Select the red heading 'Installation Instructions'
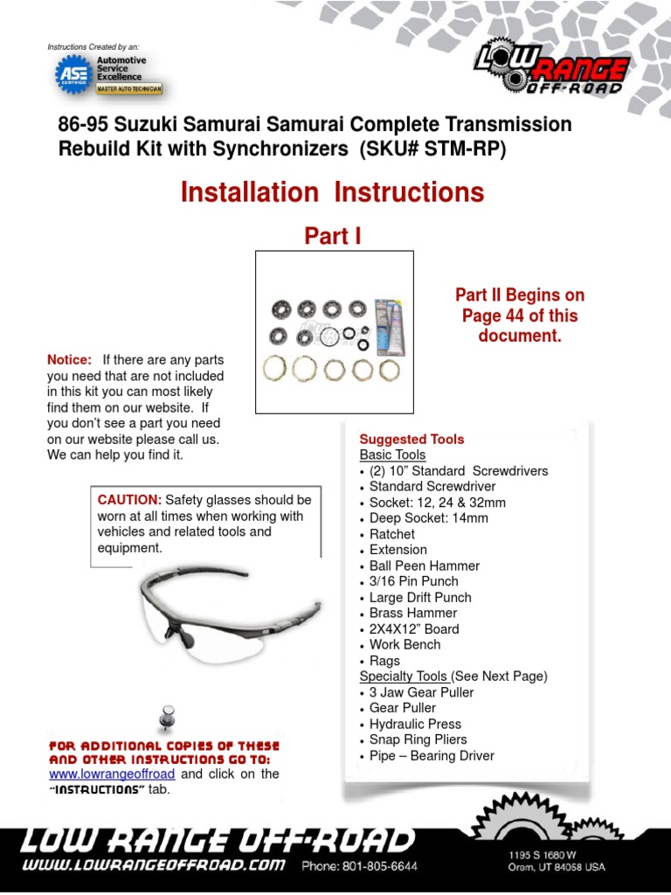332,192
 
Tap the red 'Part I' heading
332,236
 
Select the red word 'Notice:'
69,360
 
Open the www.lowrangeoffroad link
112,774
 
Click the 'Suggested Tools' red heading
412,439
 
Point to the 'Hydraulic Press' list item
415,724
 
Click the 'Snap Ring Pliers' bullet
418,739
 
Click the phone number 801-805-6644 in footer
359,866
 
